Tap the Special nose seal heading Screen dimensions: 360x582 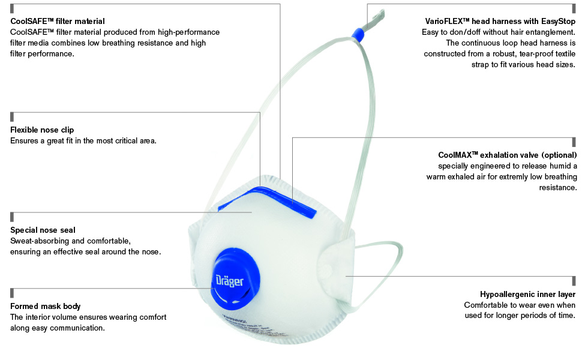(43, 230)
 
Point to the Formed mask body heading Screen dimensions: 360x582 (45, 306)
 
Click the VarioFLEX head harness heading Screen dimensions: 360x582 (500, 21)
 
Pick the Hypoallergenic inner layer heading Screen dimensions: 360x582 (528, 295)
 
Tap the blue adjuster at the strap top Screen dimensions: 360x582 (358, 34)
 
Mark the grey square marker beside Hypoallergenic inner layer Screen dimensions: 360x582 (574, 281)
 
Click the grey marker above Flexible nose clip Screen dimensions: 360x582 (12, 116)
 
